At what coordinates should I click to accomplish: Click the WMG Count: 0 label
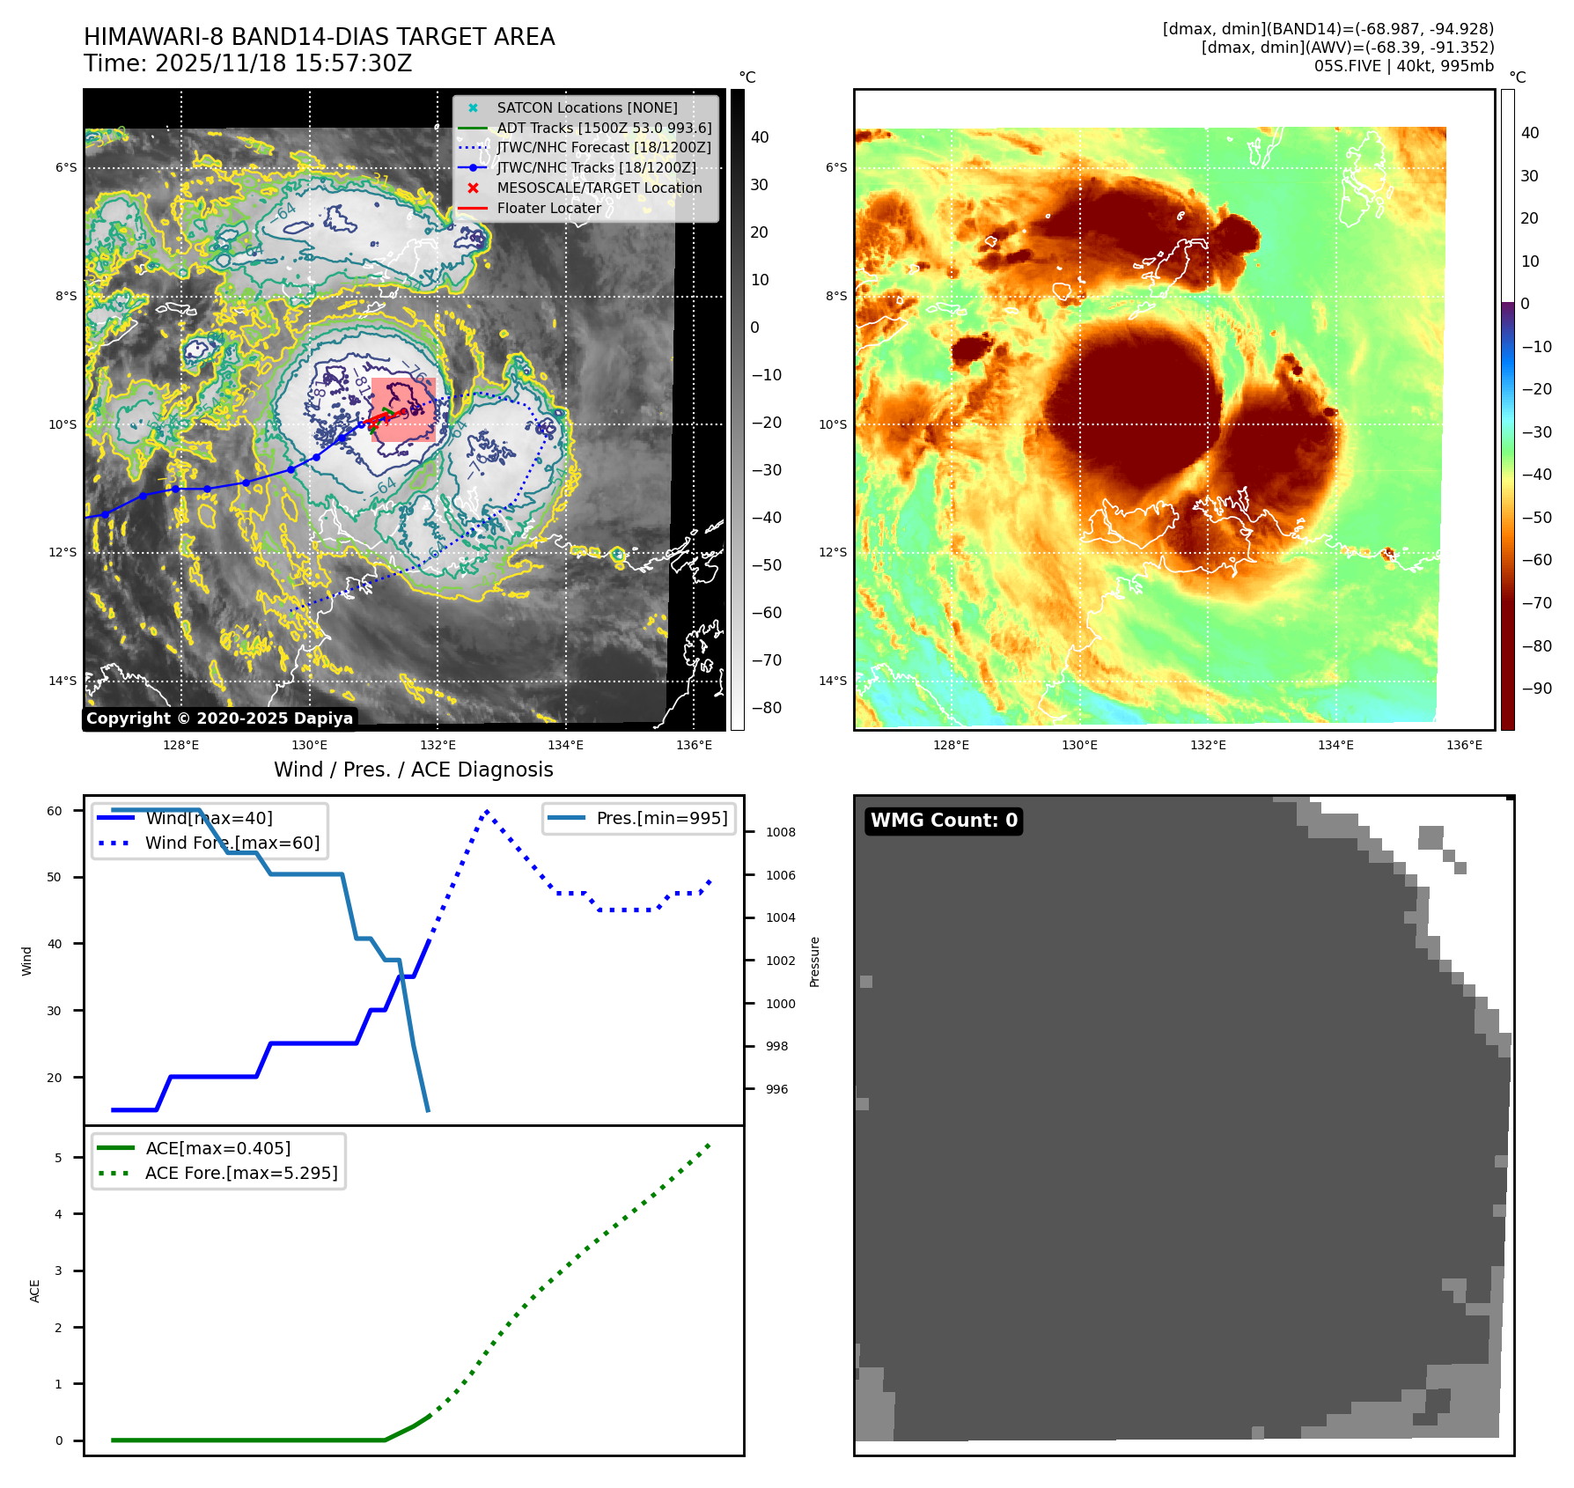tap(944, 821)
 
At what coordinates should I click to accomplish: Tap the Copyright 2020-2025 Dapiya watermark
tap(219, 718)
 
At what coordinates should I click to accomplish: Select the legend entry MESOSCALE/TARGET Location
tap(599, 188)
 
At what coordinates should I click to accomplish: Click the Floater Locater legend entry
tap(548, 209)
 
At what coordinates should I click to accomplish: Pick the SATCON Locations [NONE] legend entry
tap(586, 108)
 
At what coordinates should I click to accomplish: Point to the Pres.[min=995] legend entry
tap(661, 819)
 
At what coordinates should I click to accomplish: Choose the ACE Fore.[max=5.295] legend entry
tap(240, 1174)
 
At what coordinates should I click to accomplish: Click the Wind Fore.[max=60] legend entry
tap(232, 843)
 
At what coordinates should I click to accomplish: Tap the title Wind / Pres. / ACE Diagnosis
tap(414, 770)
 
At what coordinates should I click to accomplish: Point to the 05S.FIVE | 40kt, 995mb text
tap(1403, 66)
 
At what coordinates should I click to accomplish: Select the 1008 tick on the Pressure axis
tap(780, 833)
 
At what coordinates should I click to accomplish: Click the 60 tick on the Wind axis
tap(55, 811)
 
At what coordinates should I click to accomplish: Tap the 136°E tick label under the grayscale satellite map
tap(694, 746)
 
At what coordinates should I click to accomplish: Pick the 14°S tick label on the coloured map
tap(833, 681)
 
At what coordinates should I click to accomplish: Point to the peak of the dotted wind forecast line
tap(487, 811)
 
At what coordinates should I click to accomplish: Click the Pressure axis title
tap(815, 961)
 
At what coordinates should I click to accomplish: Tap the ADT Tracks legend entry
tap(603, 129)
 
